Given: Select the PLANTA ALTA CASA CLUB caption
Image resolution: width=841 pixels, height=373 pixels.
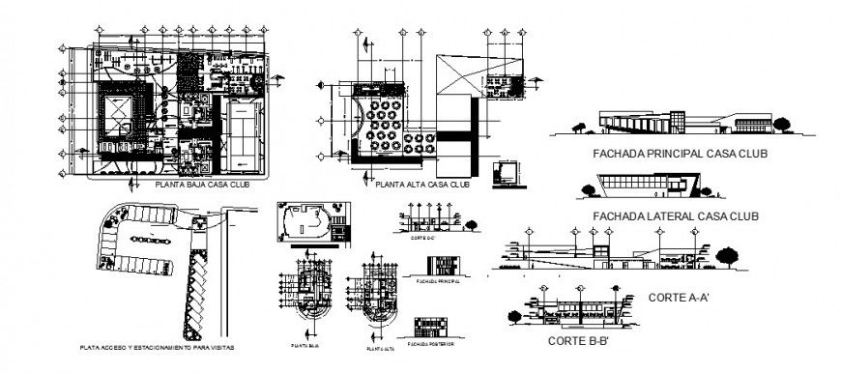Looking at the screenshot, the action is (422, 184).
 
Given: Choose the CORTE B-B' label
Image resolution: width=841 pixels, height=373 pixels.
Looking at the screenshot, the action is (581, 341).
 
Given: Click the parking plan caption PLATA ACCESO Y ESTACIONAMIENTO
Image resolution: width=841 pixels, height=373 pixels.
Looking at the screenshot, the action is (158, 344).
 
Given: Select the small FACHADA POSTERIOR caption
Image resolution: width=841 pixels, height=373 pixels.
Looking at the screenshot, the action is (430, 344).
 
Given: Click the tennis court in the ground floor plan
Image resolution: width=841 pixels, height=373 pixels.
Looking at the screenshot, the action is (238, 134).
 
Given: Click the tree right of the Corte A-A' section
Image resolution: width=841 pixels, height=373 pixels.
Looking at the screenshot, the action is (730, 254).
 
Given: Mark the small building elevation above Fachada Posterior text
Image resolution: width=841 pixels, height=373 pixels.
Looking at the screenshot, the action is (430, 327).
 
